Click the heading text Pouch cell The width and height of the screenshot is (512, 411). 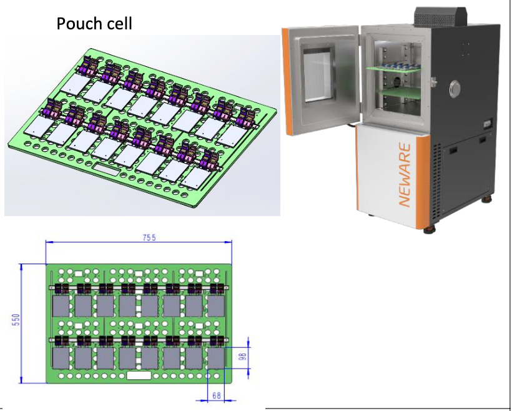click(94, 23)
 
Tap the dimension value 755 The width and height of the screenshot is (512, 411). click(149, 237)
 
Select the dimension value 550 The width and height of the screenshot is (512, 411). click(16, 320)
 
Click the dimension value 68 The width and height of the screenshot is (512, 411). click(217, 395)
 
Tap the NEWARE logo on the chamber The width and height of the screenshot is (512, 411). click(405, 175)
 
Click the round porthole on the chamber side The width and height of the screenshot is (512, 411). click(455, 87)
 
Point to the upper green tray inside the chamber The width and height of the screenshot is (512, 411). click(393, 68)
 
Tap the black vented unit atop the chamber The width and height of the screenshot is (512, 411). click(441, 16)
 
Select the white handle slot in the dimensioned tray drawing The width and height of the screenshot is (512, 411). click(139, 375)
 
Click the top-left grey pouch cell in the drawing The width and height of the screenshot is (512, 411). click(61, 306)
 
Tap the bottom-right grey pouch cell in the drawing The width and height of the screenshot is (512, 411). click(216, 358)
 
